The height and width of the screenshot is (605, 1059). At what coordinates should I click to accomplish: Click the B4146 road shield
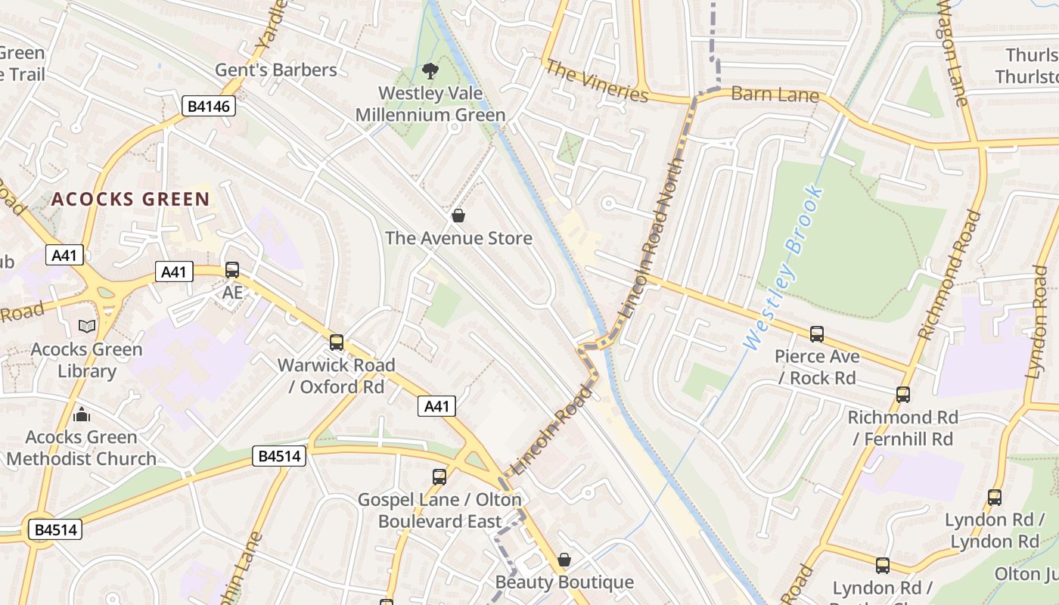coord(209,106)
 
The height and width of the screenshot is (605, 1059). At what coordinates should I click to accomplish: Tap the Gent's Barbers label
coord(276,70)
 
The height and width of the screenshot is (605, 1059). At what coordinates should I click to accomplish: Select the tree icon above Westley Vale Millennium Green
coord(430,71)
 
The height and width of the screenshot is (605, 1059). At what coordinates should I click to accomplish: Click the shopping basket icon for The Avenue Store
coord(458,216)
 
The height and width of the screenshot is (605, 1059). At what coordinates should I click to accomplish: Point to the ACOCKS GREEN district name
coord(130,200)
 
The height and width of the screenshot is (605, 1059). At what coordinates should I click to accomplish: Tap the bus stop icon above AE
coord(232,270)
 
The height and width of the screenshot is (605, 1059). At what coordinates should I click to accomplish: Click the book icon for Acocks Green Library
coord(87,327)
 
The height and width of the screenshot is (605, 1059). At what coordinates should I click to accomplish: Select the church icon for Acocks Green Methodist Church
coord(82,414)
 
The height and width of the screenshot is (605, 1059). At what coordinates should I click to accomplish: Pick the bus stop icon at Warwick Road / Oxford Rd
coord(337,343)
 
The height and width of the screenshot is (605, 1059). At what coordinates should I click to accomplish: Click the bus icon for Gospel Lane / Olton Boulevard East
coord(439,477)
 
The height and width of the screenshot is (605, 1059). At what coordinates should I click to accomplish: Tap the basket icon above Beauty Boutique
coord(564,560)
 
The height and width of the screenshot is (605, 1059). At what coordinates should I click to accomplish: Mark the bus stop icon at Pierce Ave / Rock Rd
coord(817,334)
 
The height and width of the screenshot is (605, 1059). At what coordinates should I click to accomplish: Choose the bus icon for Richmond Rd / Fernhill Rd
coord(902,394)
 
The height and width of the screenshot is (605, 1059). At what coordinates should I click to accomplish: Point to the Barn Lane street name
coord(775,95)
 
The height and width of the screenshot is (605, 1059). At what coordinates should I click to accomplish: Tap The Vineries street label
coord(597,81)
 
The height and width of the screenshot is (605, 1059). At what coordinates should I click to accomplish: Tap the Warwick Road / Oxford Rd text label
coord(336,376)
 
